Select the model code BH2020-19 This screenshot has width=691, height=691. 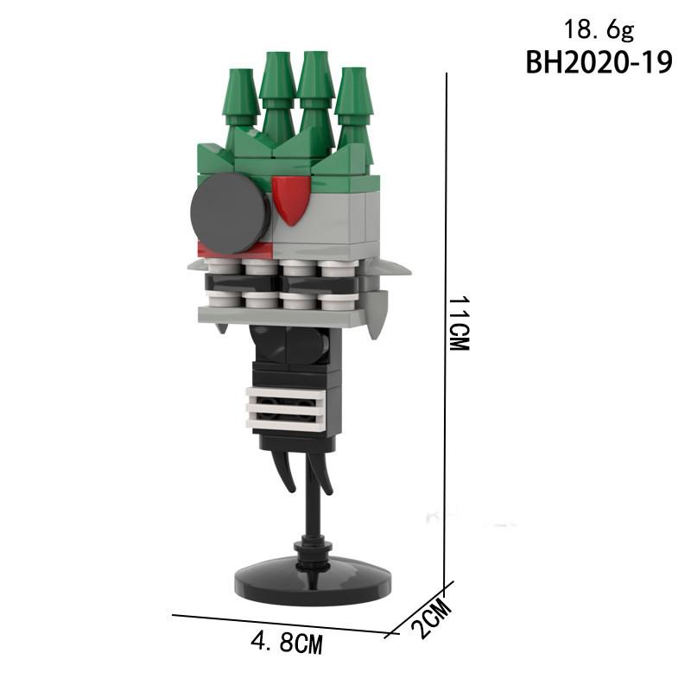click(x=599, y=64)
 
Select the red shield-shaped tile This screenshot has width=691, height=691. click(x=290, y=197)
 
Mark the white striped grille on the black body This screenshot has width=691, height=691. click(x=287, y=409)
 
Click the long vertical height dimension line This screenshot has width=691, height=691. click(x=446, y=328)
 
